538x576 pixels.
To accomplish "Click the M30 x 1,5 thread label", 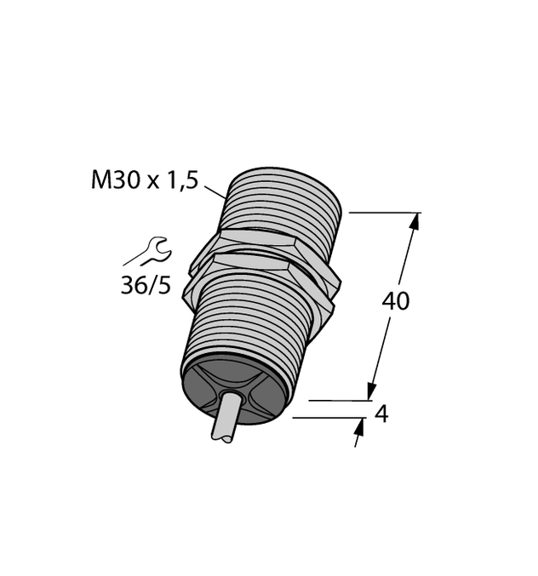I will (x=144, y=180).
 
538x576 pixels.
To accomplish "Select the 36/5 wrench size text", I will (x=145, y=286).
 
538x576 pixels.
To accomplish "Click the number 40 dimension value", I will (x=395, y=301).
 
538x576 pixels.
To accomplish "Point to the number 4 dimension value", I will (x=381, y=414).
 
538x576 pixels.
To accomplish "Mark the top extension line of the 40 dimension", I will (x=383, y=213).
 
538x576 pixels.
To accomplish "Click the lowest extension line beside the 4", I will (x=328, y=418).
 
